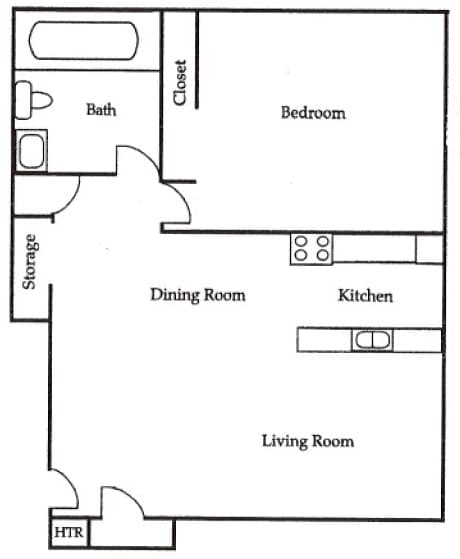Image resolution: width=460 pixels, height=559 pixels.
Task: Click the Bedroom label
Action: click(312, 113)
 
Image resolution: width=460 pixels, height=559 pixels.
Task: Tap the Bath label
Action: click(100, 109)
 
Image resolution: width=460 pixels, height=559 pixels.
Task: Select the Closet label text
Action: click(180, 82)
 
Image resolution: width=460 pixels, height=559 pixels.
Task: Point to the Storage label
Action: click(30, 262)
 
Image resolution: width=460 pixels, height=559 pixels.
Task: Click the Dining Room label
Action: click(197, 295)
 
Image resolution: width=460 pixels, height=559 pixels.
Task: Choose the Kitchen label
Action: click(365, 295)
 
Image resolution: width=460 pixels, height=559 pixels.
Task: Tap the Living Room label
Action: click(307, 441)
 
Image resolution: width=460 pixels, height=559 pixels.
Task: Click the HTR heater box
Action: click(66, 532)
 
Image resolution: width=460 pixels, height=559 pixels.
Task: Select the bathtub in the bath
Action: click(88, 41)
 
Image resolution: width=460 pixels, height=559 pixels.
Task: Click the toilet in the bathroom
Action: click(32, 100)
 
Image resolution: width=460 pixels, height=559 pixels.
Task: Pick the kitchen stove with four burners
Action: click(311, 248)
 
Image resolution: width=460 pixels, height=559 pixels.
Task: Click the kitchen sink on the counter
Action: click(371, 340)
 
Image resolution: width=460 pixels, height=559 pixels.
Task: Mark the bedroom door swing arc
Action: click(177, 205)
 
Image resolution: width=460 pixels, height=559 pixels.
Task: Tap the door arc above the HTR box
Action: click(63, 489)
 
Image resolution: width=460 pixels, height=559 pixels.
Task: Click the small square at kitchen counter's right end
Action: click(430, 248)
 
